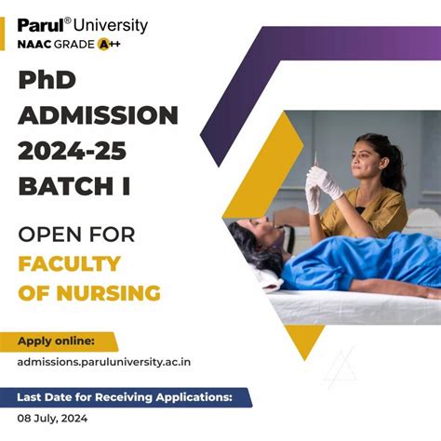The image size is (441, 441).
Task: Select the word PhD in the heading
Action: point(48,82)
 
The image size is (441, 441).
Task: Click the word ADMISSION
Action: point(98,115)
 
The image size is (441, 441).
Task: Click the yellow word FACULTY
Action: point(69,262)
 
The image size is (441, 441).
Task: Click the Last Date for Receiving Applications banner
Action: point(127,398)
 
